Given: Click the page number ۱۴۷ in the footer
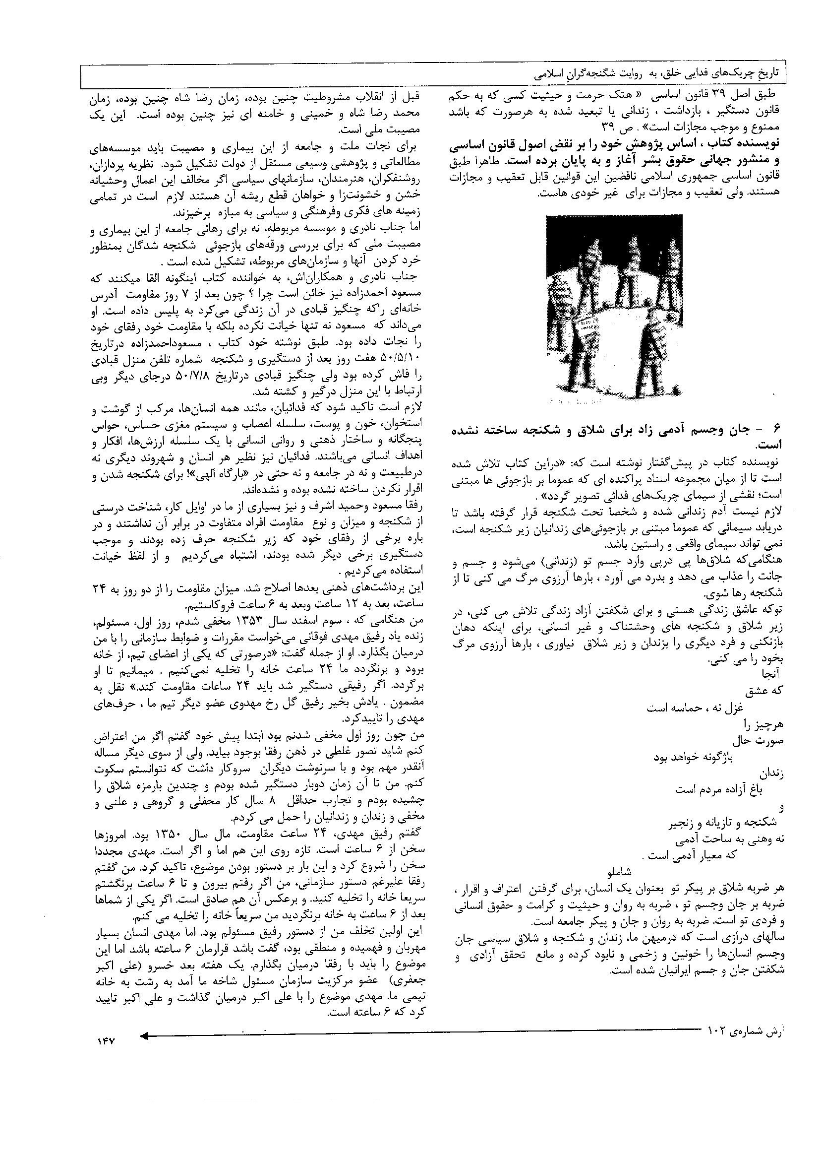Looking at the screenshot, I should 104,1041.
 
